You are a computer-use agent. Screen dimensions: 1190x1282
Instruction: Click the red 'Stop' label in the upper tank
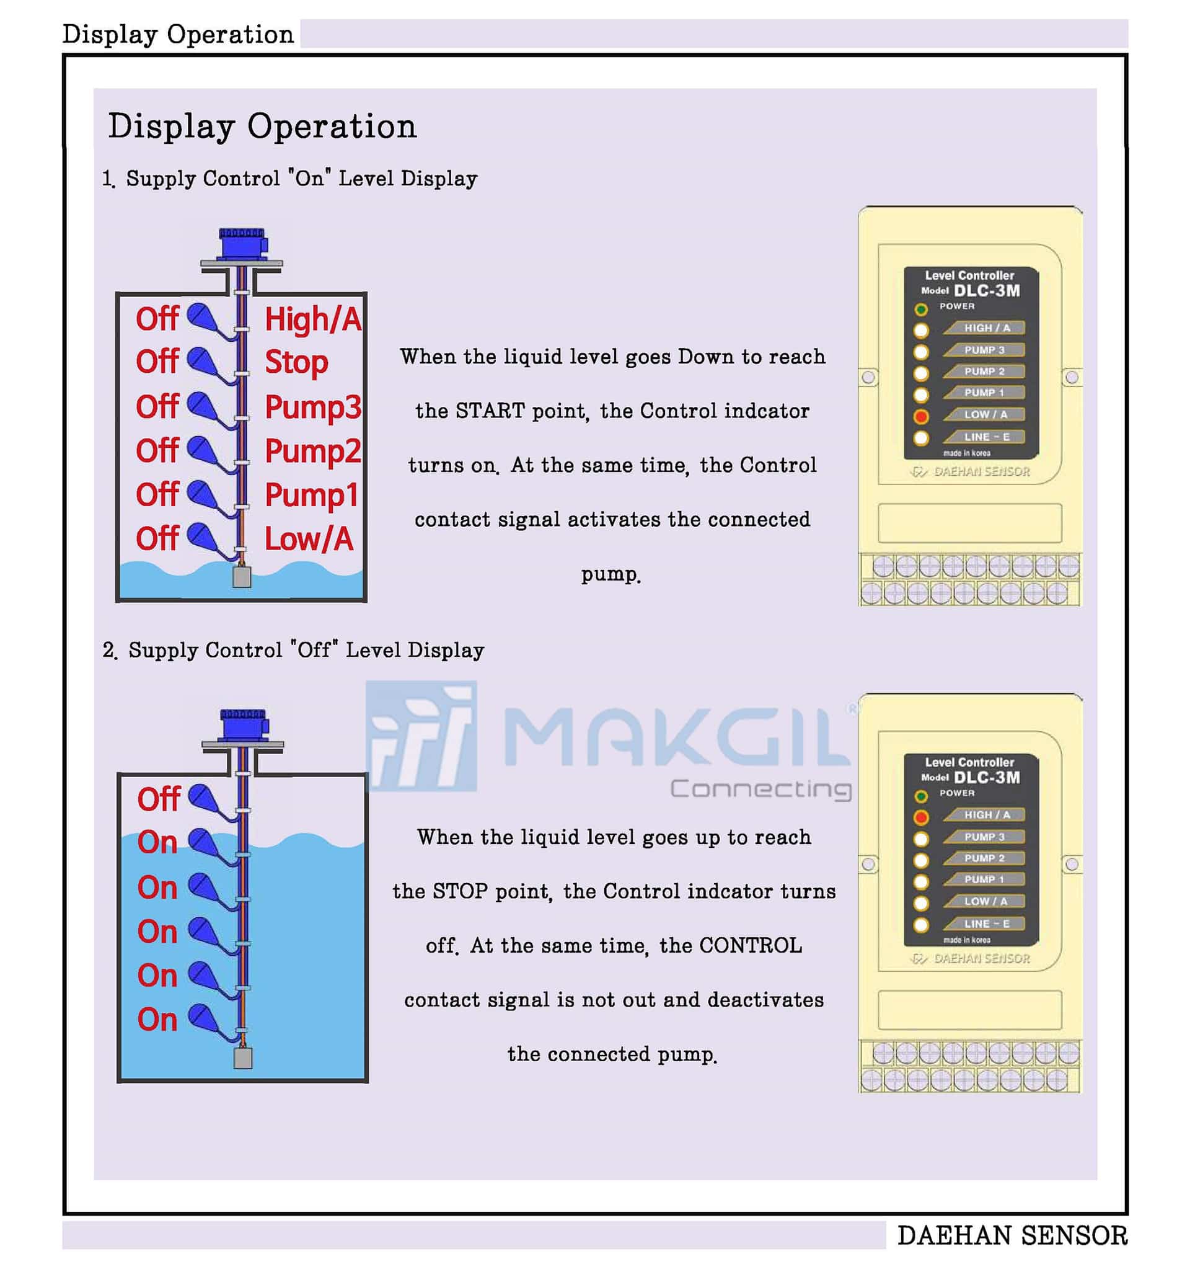pyautogui.click(x=296, y=363)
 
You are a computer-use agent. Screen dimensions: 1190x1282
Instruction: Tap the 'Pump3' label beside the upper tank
pyautogui.click(x=313, y=407)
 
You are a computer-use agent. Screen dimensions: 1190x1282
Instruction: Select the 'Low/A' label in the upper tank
pyautogui.click(x=309, y=539)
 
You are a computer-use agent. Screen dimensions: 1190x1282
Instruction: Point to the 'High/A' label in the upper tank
pyautogui.click(x=313, y=319)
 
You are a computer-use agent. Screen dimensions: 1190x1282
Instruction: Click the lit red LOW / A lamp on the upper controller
pyautogui.click(x=921, y=416)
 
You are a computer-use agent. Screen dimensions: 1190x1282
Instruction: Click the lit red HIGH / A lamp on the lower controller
pyautogui.click(x=921, y=817)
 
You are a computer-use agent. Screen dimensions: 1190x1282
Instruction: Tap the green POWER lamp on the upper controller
pyautogui.click(x=921, y=309)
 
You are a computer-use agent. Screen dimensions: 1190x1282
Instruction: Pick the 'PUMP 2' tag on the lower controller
pyautogui.click(x=984, y=858)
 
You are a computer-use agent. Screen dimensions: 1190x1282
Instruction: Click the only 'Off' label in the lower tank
pyautogui.click(x=159, y=799)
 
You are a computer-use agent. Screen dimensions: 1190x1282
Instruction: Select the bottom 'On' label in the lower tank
pyautogui.click(x=157, y=1020)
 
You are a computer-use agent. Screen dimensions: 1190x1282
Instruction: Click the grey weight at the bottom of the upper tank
pyautogui.click(x=242, y=577)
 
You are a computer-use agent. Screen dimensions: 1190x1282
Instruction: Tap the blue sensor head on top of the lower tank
pyautogui.click(x=243, y=726)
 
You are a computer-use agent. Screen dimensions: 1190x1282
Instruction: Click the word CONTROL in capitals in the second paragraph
pyautogui.click(x=751, y=946)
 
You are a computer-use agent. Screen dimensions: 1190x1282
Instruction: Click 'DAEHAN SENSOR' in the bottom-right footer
pyautogui.click(x=1012, y=1235)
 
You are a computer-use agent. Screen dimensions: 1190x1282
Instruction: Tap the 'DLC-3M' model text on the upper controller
pyautogui.click(x=987, y=290)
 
